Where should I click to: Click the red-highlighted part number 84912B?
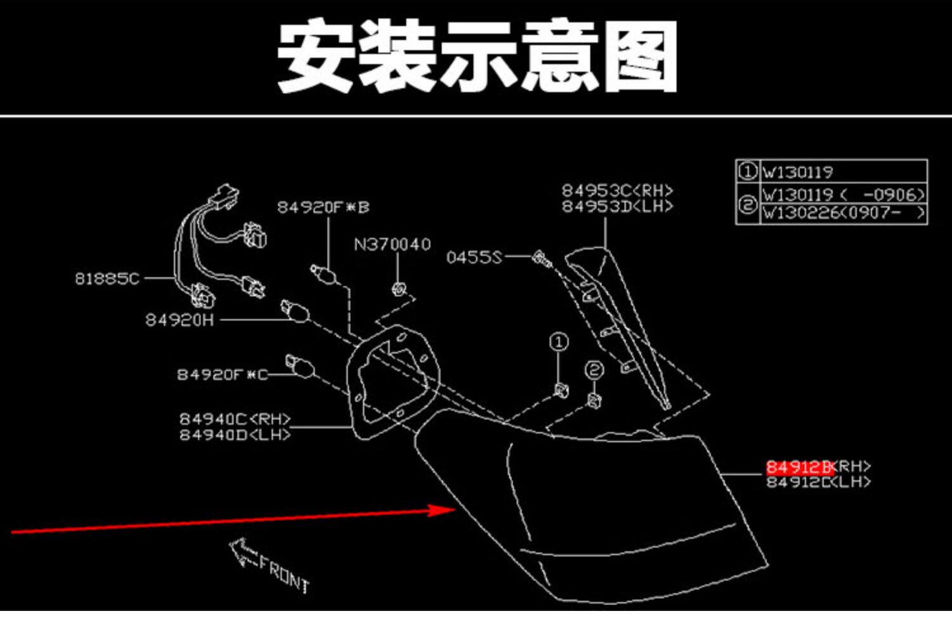click(x=799, y=468)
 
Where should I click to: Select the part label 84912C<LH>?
click(x=818, y=482)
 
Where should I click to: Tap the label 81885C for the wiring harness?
click(x=107, y=279)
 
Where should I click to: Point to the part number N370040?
click(x=392, y=244)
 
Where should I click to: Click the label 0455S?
click(x=473, y=257)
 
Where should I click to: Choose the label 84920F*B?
click(x=323, y=207)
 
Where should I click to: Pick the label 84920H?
click(x=180, y=320)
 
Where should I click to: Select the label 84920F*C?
click(x=222, y=374)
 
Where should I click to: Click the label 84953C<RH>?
click(x=617, y=190)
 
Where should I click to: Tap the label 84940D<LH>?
click(x=235, y=435)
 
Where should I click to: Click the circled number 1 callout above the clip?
click(x=559, y=343)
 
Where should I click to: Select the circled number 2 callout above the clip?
click(x=594, y=369)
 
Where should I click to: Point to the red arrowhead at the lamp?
click(x=444, y=509)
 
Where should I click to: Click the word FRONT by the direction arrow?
click(x=284, y=573)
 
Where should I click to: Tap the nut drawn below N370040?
click(x=398, y=289)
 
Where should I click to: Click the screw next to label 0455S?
click(x=541, y=258)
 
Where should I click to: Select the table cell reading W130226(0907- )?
click(x=843, y=213)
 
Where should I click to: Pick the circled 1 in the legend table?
click(x=748, y=171)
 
